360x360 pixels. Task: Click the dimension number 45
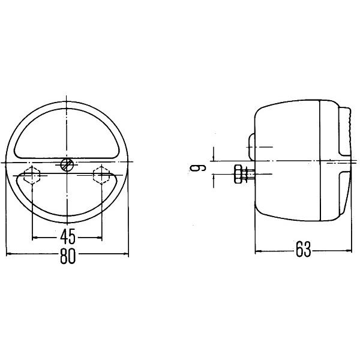tap(68, 236)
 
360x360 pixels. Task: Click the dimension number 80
tap(68, 256)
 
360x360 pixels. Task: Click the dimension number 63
tap(303, 249)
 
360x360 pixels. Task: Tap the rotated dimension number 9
tap(197, 168)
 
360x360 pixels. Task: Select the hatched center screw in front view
tap(67, 164)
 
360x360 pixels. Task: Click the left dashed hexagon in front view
tap(32, 175)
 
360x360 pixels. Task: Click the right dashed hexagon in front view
tap(101, 175)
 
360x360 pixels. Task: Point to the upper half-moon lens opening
tap(67, 134)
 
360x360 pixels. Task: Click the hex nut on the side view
tap(238, 174)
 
